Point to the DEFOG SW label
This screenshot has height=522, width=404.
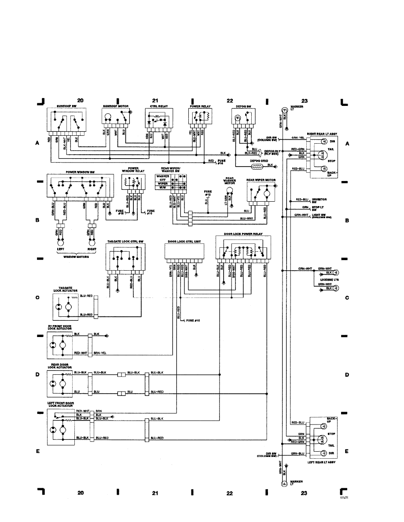[x=240, y=106]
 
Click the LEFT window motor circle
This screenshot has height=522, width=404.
[x=60, y=243]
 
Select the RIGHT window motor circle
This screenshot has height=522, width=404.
[x=92, y=243]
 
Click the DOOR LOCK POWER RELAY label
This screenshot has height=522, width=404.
[x=242, y=234]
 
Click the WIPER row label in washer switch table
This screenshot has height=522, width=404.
[x=163, y=184]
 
